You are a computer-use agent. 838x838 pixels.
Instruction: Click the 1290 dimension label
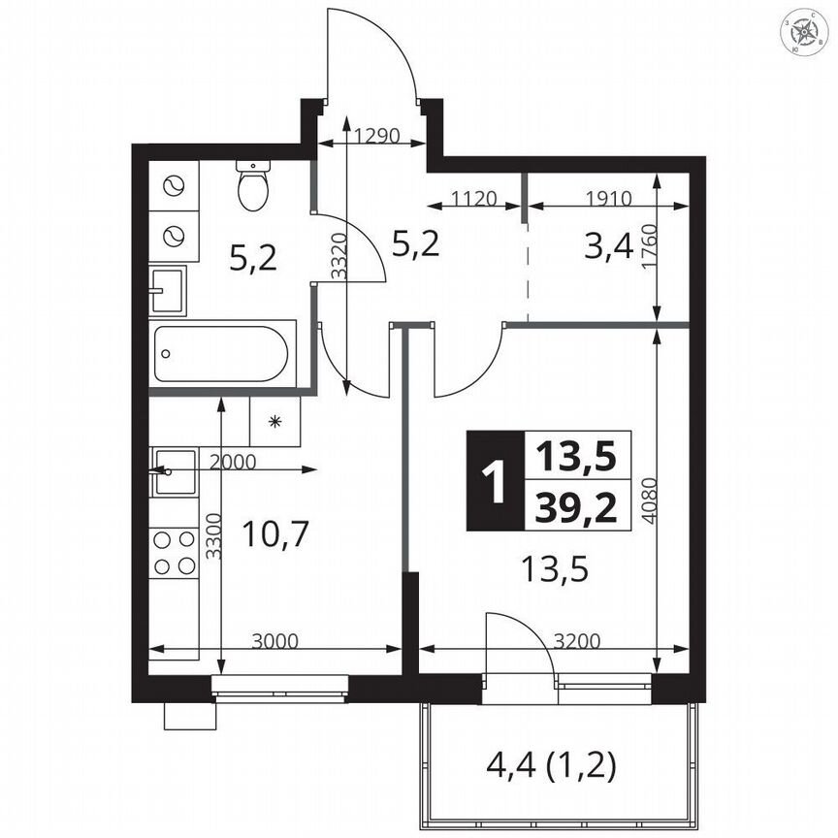point(377,136)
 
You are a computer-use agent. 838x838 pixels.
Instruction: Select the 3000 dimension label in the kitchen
point(274,640)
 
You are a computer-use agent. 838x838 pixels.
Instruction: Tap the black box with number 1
point(495,481)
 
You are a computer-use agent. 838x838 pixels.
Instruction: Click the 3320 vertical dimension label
point(338,259)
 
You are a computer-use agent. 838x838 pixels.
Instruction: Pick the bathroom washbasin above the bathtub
point(169,290)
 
